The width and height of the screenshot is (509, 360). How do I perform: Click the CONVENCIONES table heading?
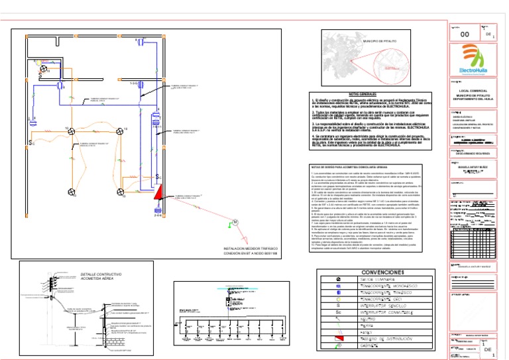pos(382,272)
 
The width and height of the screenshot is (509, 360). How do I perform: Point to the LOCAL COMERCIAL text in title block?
pos(473,88)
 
